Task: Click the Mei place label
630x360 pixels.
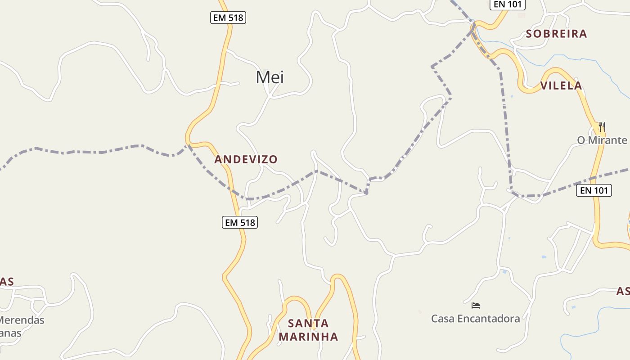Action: [270, 77]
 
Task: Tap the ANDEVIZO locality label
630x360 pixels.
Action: [246, 159]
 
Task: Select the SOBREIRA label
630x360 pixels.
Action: [556, 34]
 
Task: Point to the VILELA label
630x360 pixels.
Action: [561, 85]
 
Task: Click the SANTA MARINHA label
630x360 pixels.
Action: [308, 330]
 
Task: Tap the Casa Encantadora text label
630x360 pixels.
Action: [475, 319]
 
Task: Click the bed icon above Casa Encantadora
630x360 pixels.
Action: [476, 306]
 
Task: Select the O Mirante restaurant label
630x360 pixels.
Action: [602, 140]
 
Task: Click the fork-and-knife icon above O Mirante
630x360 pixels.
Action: [602, 126]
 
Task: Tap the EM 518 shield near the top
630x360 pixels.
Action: [228, 18]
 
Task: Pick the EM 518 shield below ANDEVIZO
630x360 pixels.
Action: [240, 222]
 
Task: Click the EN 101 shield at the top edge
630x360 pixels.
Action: [507, 4]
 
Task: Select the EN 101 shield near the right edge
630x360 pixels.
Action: [594, 190]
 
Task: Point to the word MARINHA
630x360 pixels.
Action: [308, 337]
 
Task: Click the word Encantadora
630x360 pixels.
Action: [488, 319]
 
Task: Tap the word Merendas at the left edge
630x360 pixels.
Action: [22, 320]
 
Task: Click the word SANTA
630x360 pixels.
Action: [308, 323]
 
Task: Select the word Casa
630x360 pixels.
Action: [443, 319]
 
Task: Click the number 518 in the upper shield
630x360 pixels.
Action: [235, 18]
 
